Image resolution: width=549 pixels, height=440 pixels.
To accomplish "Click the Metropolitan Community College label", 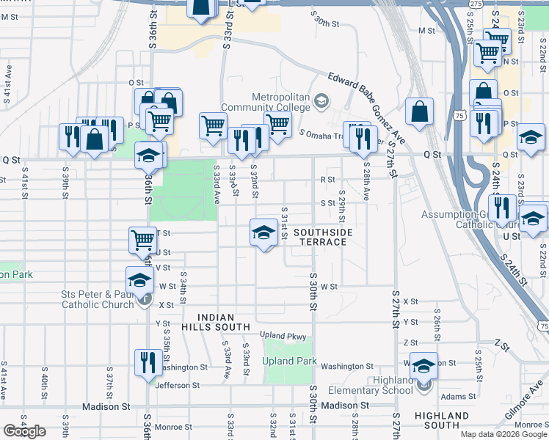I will [281, 102].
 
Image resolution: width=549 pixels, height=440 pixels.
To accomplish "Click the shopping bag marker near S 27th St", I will [419, 112].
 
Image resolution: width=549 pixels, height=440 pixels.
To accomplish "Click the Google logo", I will [24, 431].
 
